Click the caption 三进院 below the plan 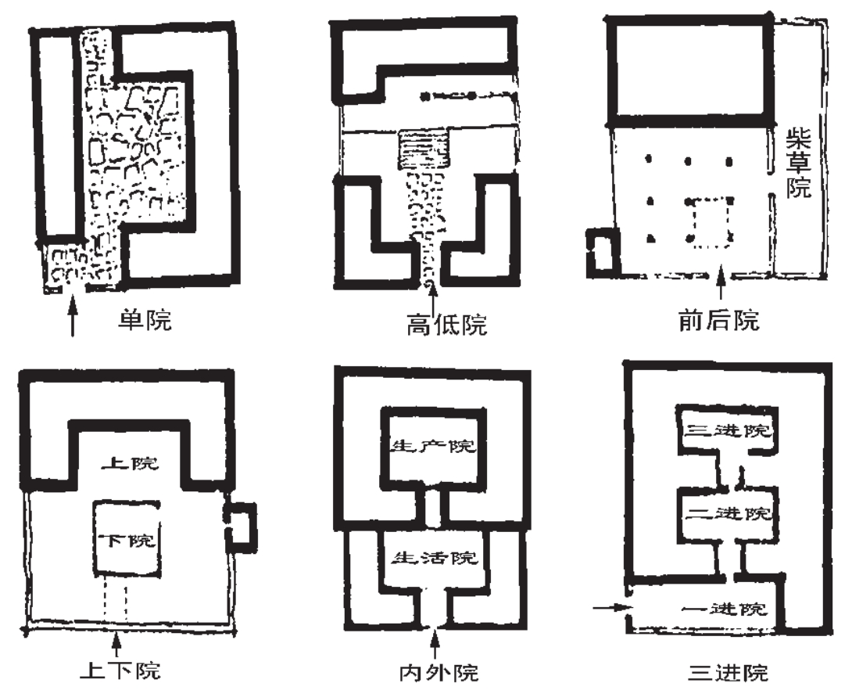point(729,672)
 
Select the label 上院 point(129,462)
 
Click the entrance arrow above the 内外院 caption point(435,645)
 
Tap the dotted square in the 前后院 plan point(709,222)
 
